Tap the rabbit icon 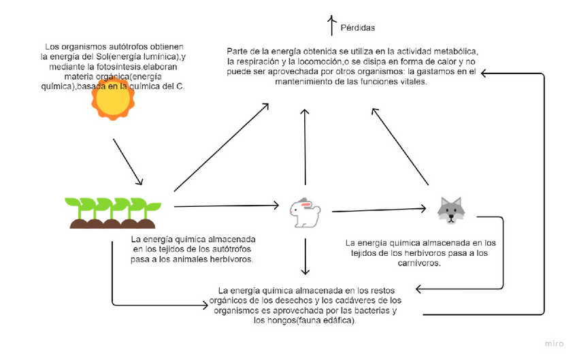coord(305,212)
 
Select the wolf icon coord(451,210)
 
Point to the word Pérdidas coord(358,28)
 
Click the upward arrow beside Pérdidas coord(331,25)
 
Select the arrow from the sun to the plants coord(128,162)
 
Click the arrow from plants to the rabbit coord(227,205)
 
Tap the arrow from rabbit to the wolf coord(379,210)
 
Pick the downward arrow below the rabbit coord(306,256)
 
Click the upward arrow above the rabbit coord(306,145)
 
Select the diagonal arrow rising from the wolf coord(400,146)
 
